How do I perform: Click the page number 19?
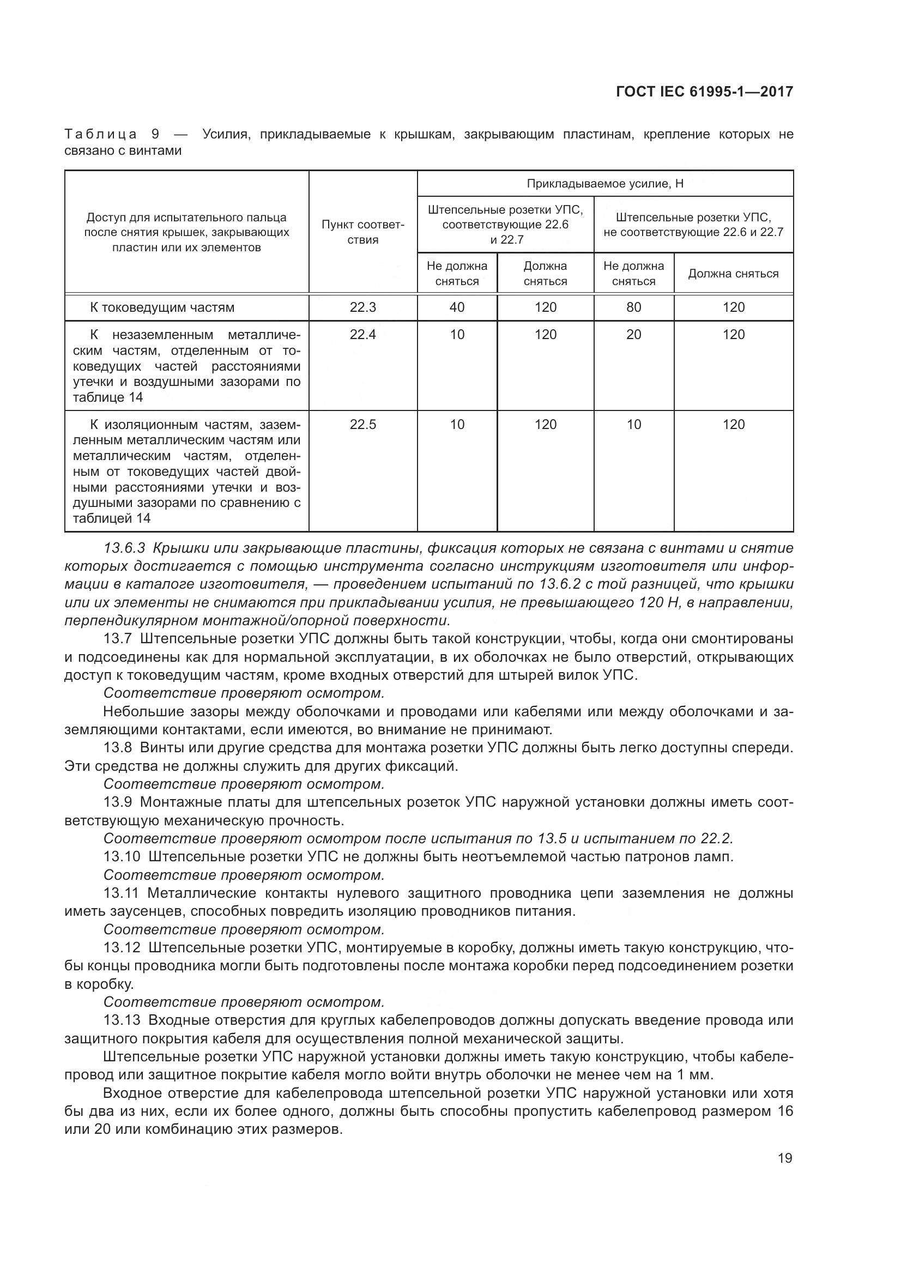785,1158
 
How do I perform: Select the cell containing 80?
633,307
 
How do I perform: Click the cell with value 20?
633,334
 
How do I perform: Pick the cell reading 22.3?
362,307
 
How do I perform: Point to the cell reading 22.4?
362,334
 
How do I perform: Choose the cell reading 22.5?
362,424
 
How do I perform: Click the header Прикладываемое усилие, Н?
604,184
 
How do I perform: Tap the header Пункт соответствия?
362,232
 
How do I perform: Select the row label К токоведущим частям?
162,307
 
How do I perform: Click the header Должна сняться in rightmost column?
733,273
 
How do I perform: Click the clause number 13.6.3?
124,548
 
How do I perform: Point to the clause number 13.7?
118,639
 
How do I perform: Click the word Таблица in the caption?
101,134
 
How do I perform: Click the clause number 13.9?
118,802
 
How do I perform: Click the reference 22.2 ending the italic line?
716,838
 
